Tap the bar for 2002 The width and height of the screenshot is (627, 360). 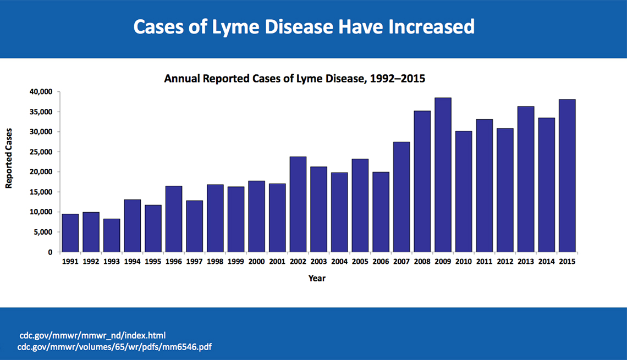point(298,204)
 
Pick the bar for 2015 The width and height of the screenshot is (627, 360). point(567,175)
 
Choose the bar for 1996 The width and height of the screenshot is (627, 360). point(174,219)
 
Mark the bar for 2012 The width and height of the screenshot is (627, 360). point(505,190)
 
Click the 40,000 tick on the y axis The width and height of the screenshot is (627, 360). point(41,92)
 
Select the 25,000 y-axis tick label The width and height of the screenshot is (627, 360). point(41,152)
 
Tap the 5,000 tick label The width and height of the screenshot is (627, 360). point(43,232)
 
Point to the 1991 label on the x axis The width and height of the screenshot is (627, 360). point(70,262)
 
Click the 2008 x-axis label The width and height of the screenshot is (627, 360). point(422,262)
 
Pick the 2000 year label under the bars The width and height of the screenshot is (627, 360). point(256,262)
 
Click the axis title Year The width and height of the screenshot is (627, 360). point(317,278)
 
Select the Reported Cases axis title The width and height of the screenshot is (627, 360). point(9,159)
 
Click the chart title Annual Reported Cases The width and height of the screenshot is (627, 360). point(295,79)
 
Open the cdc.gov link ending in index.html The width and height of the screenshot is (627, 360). point(92,335)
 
